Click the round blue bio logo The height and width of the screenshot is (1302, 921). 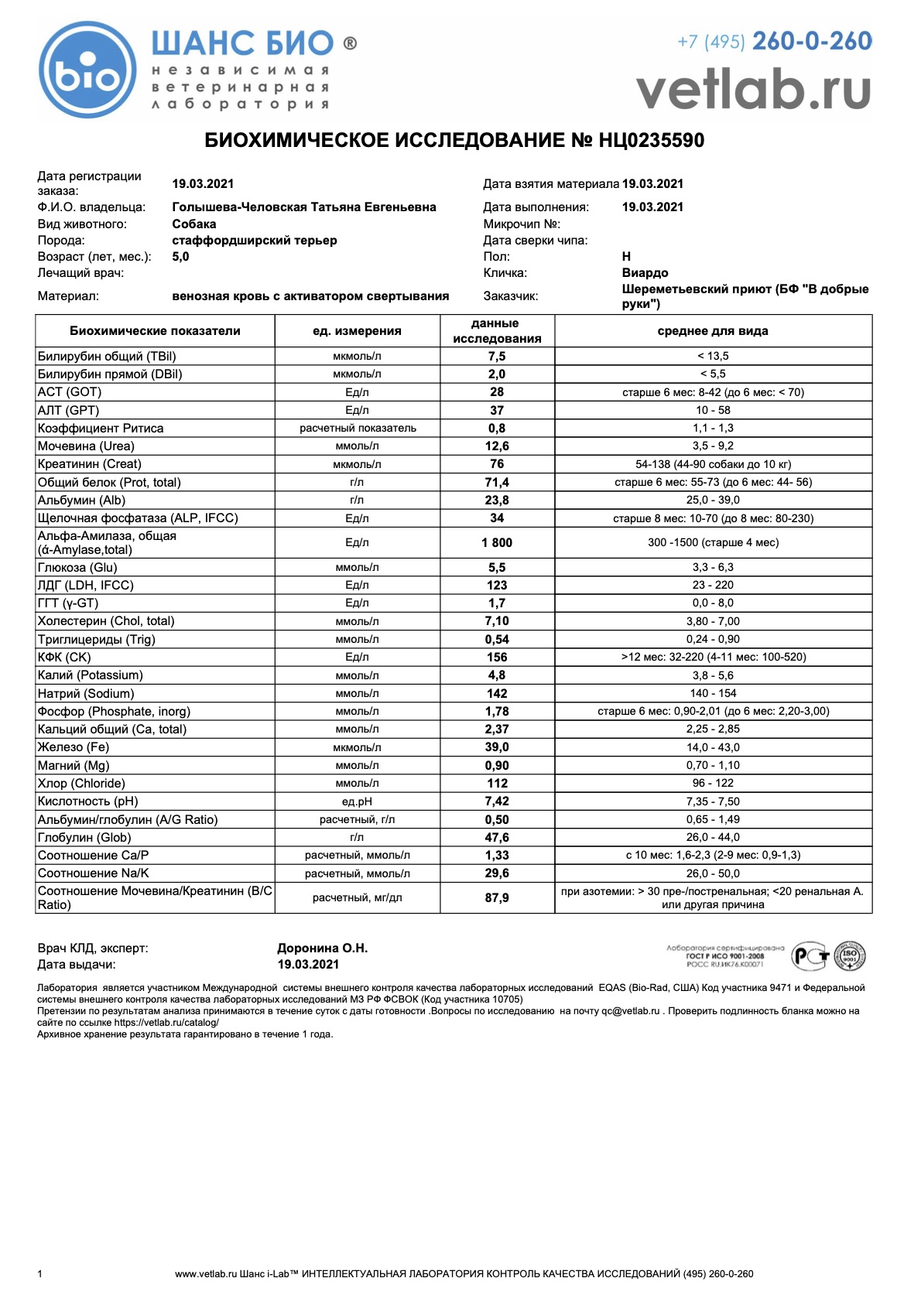[87, 70]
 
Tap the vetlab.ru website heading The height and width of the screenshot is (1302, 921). [753, 91]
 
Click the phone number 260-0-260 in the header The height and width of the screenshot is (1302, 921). [811, 41]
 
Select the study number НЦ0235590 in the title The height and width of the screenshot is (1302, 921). [651, 141]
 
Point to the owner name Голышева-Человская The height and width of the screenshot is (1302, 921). [303, 207]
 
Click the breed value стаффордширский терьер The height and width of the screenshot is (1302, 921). [254, 241]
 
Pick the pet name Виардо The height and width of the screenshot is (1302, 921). [645, 273]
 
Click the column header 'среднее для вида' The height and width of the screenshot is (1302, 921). [712, 331]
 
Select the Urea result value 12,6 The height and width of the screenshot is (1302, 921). [497, 446]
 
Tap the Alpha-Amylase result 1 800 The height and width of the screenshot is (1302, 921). [497, 543]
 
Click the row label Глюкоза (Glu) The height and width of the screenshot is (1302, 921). [77, 568]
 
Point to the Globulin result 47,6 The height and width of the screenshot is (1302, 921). [497, 838]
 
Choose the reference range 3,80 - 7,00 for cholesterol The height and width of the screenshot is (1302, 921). [712, 621]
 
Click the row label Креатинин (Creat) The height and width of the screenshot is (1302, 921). [89, 464]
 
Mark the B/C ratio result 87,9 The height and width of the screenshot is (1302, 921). [497, 898]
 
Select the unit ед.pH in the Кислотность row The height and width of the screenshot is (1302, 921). [357, 802]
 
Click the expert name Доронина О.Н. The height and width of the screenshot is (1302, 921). [322, 948]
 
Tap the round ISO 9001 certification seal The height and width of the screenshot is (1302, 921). [850, 957]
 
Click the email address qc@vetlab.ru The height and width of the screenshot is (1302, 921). [630, 1011]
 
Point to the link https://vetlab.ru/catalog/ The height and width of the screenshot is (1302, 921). [166, 1023]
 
